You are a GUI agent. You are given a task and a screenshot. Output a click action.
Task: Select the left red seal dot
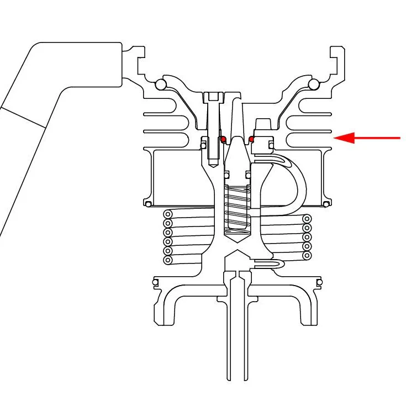[223, 139]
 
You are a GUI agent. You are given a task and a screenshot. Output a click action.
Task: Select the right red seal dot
[252, 139]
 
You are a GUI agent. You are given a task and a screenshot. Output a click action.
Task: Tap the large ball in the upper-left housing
[161, 85]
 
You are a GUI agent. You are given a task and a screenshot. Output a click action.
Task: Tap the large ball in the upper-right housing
[313, 85]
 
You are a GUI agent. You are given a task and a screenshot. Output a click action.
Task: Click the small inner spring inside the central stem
[237, 207]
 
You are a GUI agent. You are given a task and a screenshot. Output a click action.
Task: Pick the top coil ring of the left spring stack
[168, 214]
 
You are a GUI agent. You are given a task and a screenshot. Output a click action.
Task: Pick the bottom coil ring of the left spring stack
[168, 260]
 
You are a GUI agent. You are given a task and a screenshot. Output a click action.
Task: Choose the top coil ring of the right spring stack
[307, 219]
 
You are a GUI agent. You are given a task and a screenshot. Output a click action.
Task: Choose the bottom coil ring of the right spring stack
[307, 255]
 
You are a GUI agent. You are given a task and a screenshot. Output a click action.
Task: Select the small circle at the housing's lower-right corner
[327, 204]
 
